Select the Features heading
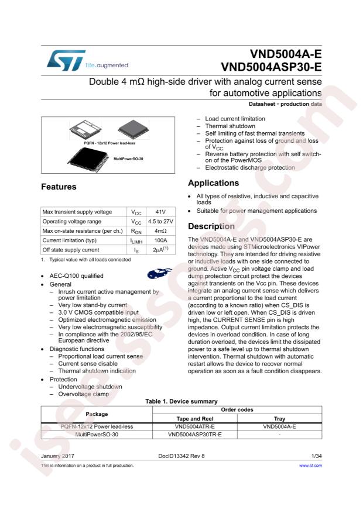tap(59, 187)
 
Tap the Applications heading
tap(213, 183)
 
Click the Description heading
tap(211, 226)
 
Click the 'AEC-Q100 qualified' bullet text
tap(77, 276)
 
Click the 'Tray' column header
tap(279, 418)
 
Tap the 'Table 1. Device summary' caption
tap(181, 401)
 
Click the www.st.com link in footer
tap(310, 466)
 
